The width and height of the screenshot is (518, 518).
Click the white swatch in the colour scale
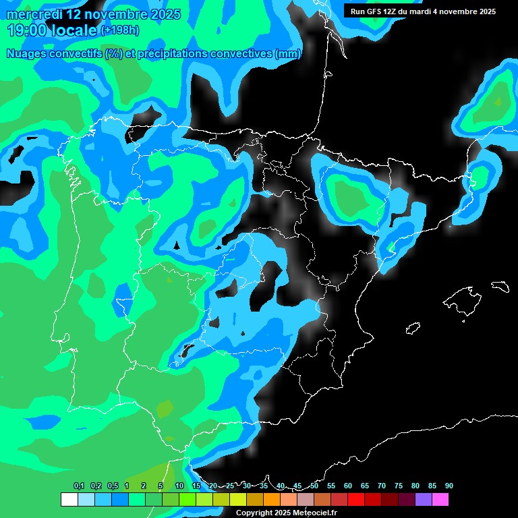point(69,499)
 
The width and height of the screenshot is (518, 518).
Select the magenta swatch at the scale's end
point(440,499)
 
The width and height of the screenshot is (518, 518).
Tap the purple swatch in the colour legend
point(424,499)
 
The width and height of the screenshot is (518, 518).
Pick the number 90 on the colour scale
point(449,486)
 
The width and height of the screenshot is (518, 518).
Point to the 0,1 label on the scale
point(78,486)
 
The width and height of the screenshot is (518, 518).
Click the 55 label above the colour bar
point(331,486)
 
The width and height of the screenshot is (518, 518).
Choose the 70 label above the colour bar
point(382,486)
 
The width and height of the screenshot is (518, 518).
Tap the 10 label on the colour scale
point(179,486)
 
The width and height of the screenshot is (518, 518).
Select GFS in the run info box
point(374,11)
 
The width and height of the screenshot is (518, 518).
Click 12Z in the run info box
point(392,11)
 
